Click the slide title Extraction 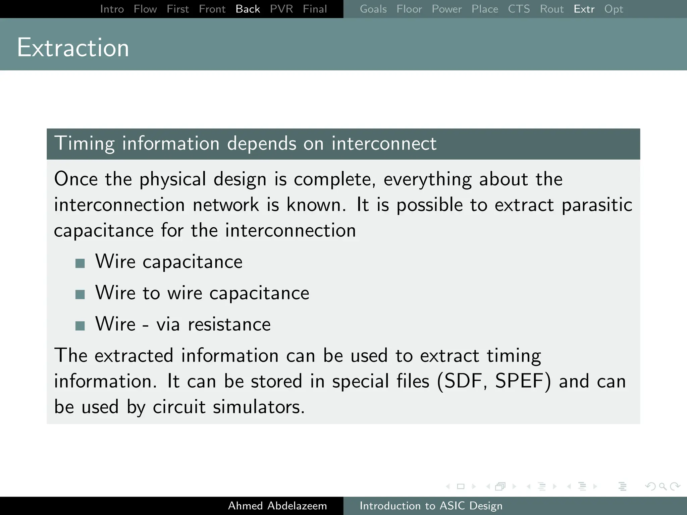(x=73, y=48)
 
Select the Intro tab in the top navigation (x=112, y=9)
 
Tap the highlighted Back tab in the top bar (x=248, y=9)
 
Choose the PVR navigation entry (x=281, y=9)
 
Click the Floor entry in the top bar (x=409, y=9)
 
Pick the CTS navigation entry (x=519, y=9)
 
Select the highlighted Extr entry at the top (x=584, y=9)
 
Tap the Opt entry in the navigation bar (x=613, y=9)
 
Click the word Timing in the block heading (x=85, y=144)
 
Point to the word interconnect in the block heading (x=384, y=144)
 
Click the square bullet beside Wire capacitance (x=80, y=263)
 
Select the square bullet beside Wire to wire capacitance (x=80, y=294)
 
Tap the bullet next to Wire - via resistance (x=80, y=326)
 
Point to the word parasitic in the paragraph (x=597, y=205)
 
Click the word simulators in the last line (x=258, y=407)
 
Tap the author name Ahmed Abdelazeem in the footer (x=277, y=506)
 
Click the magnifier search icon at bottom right (x=662, y=486)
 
